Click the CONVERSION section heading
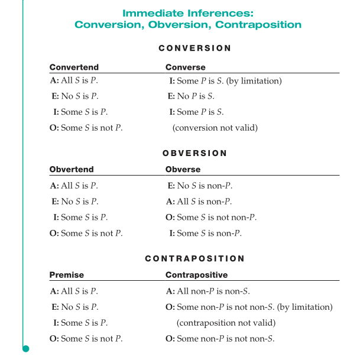click(x=195, y=48)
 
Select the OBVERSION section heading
click(x=195, y=153)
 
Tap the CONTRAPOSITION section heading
click(x=195, y=258)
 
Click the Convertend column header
click(x=74, y=67)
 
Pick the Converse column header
click(x=186, y=67)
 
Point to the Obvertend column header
click(x=72, y=170)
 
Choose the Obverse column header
click(x=183, y=170)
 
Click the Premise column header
click(x=66, y=275)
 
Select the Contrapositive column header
click(x=196, y=275)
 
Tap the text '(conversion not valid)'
click(x=215, y=128)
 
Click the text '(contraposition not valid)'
click(x=226, y=323)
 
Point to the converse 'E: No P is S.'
click(x=191, y=96)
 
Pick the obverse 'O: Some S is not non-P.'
click(x=211, y=218)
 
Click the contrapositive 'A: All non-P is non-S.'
click(x=208, y=291)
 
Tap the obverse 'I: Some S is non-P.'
click(x=205, y=233)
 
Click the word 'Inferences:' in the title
click(x=220, y=12)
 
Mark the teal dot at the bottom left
click(x=25, y=349)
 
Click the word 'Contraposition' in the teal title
click(x=258, y=25)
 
